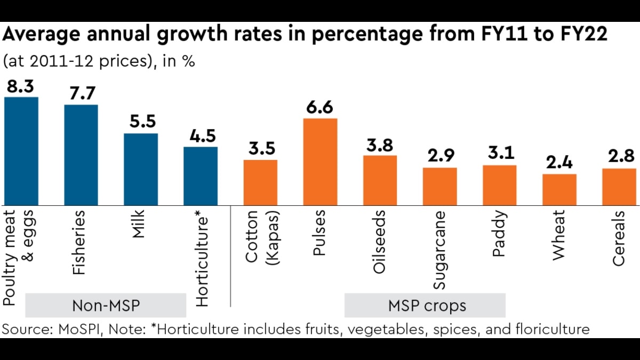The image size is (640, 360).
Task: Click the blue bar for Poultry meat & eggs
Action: (x=21, y=151)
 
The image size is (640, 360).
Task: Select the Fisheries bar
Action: (x=81, y=155)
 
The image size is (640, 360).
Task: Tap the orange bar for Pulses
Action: (x=320, y=162)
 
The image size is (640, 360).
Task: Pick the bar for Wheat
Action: (x=559, y=189)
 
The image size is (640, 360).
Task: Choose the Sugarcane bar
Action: (x=439, y=186)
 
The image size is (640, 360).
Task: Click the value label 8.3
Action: (x=21, y=87)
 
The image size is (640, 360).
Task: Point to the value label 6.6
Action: (x=320, y=108)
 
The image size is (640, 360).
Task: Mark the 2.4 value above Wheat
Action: (x=559, y=164)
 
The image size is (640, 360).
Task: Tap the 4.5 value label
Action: (x=201, y=136)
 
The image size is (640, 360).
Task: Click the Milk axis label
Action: (x=138, y=224)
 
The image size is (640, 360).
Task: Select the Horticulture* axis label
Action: (x=202, y=258)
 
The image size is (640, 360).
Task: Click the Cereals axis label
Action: (x=618, y=238)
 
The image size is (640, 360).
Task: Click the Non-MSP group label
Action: (x=105, y=306)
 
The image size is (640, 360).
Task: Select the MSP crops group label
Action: (x=425, y=306)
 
